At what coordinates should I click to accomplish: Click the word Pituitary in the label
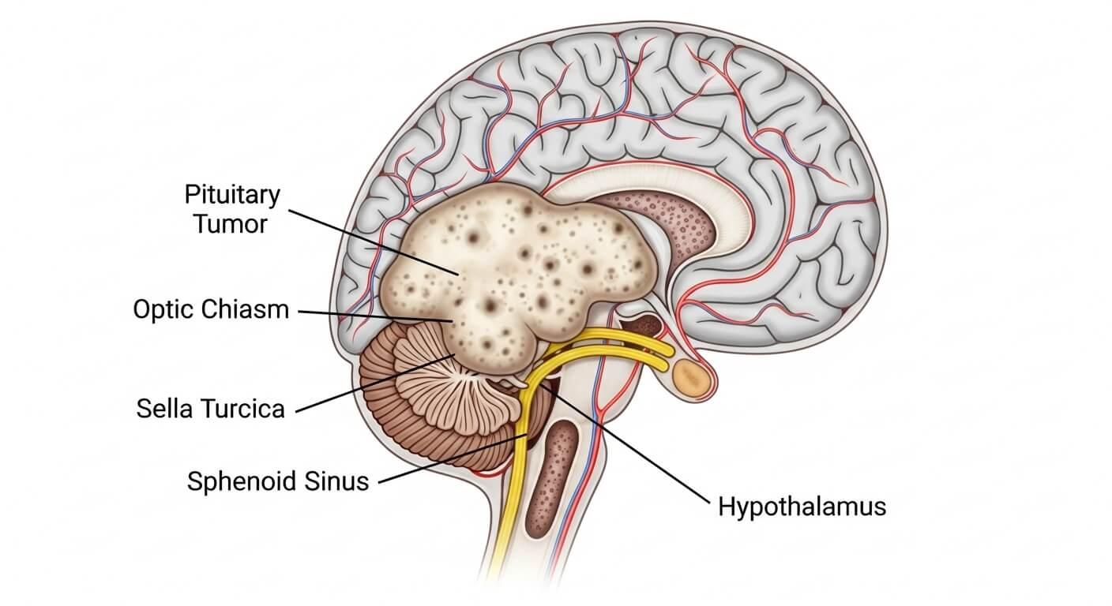point(225,194)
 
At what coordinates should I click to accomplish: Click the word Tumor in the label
point(231,224)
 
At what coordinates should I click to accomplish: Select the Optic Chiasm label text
point(211,309)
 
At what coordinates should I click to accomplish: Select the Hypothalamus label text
point(802,506)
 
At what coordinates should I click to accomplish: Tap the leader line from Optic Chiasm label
point(371,315)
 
